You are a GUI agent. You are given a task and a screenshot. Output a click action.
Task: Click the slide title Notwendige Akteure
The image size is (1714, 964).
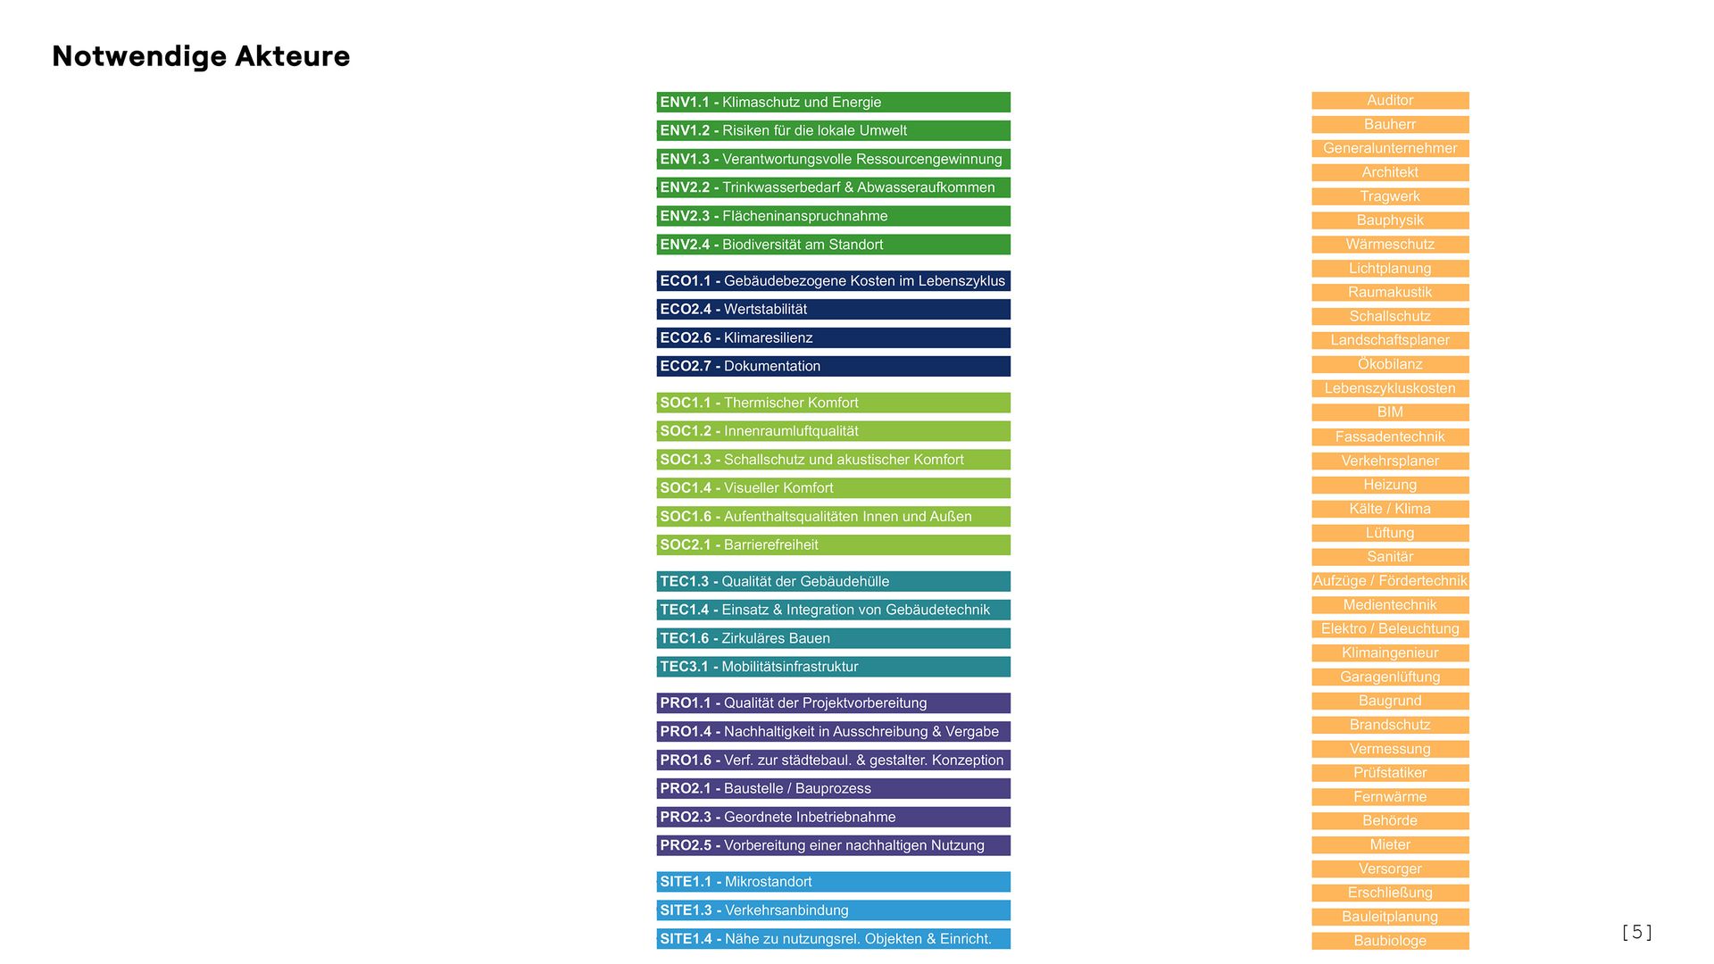click(201, 56)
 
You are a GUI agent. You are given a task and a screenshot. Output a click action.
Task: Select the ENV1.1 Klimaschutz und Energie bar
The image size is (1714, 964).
click(833, 102)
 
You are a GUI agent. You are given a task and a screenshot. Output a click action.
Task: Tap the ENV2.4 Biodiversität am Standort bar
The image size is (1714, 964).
click(833, 245)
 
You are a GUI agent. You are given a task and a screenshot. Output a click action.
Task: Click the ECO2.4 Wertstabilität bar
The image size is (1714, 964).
click(833, 309)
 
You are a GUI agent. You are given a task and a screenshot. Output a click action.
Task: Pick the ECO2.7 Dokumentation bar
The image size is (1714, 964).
click(833, 366)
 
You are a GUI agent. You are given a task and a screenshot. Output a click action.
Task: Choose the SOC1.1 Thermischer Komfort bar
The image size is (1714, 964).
click(833, 403)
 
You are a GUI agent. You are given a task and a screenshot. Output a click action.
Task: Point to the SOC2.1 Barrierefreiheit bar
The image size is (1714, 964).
click(833, 544)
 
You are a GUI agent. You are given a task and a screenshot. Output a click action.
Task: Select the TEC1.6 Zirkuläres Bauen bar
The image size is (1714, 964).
click(833, 638)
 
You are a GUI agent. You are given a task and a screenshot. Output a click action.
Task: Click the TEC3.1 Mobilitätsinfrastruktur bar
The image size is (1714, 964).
click(833, 667)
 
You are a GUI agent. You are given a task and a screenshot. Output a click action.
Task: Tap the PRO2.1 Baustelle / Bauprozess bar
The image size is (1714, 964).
click(833, 788)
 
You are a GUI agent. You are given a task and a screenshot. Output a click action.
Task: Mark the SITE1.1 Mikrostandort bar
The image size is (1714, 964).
click(833, 882)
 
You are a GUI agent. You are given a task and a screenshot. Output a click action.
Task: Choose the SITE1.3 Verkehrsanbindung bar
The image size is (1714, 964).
click(833, 910)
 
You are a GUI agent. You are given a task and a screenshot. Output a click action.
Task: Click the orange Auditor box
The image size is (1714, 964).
click(1390, 101)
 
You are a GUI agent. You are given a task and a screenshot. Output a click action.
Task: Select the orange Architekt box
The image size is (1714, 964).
click(1390, 172)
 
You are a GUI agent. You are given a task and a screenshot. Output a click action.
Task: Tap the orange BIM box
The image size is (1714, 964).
click(1390, 412)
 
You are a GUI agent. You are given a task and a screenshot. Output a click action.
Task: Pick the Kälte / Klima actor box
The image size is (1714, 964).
click(1390, 509)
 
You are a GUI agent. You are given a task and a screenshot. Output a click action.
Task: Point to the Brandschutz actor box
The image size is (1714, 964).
click(1390, 725)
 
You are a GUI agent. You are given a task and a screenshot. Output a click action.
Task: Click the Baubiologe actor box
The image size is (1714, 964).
click(1390, 941)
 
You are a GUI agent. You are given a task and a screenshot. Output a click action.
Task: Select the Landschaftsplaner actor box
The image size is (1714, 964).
click(1390, 340)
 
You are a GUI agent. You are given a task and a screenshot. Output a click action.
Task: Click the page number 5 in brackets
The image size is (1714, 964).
click(1636, 933)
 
